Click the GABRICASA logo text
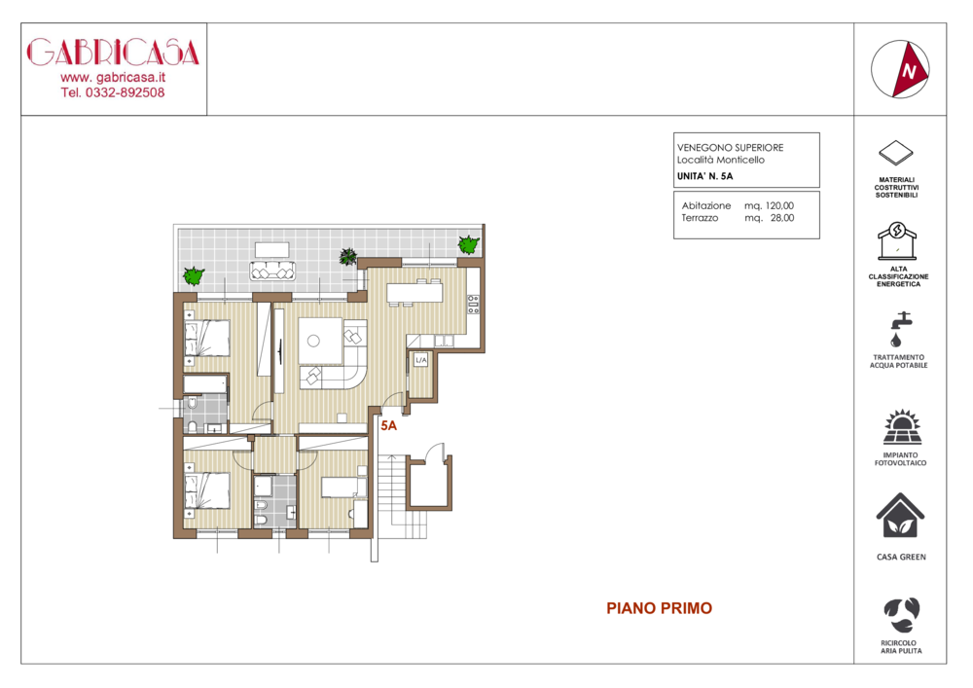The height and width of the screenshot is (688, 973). pyautogui.click(x=113, y=53)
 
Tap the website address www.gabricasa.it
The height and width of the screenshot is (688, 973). pyautogui.click(x=113, y=78)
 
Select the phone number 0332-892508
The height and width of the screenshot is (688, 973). pyautogui.click(x=125, y=92)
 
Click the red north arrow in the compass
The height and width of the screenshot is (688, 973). pyautogui.click(x=911, y=69)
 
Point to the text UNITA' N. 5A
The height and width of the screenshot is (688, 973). pyautogui.click(x=704, y=176)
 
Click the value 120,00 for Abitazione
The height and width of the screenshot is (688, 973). pyautogui.click(x=779, y=205)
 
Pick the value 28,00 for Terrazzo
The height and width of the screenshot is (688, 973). pyautogui.click(x=782, y=218)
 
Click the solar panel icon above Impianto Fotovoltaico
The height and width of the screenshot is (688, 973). pyautogui.click(x=902, y=427)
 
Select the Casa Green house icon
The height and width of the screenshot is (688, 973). pyautogui.click(x=900, y=516)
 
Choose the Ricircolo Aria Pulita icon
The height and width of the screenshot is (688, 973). pyautogui.click(x=902, y=615)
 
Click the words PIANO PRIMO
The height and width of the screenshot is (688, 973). pyautogui.click(x=659, y=608)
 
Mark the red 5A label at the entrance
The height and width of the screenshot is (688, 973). pyautogui.click(x=388, y=425)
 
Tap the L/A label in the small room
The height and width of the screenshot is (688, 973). pyautogui.click(x=420, y=360)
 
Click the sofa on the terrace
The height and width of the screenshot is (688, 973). pyautogui.click(x=272, y=272)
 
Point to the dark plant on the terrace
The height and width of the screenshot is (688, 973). pyautogui.click(x=348, y=256)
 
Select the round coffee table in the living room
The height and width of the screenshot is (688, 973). pyautogui.click(x=313, y=341)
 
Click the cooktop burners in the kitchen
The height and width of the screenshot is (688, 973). pyautogui.click(x=473, y=305)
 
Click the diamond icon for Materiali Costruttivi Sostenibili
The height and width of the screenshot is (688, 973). pyautogui.click(x=896, y=153)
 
